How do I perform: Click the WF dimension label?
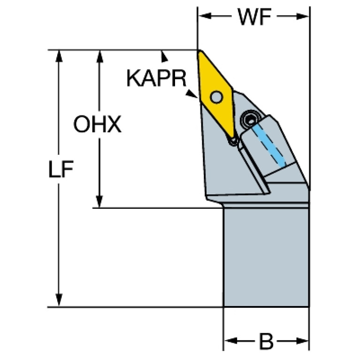254,17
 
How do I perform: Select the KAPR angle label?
157,78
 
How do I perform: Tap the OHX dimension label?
97,124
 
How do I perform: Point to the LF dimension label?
61,169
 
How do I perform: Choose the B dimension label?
266,341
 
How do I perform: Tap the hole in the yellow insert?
216,97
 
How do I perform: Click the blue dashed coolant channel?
268,144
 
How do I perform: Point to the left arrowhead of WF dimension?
205,16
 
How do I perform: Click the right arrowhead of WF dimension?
302,16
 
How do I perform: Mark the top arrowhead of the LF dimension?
59,56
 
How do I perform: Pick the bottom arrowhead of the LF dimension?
59,300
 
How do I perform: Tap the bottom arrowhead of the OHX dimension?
99,201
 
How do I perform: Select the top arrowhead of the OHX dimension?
100,56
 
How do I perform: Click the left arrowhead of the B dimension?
231,341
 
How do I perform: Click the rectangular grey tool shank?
266,257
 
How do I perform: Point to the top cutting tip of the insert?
199,51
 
